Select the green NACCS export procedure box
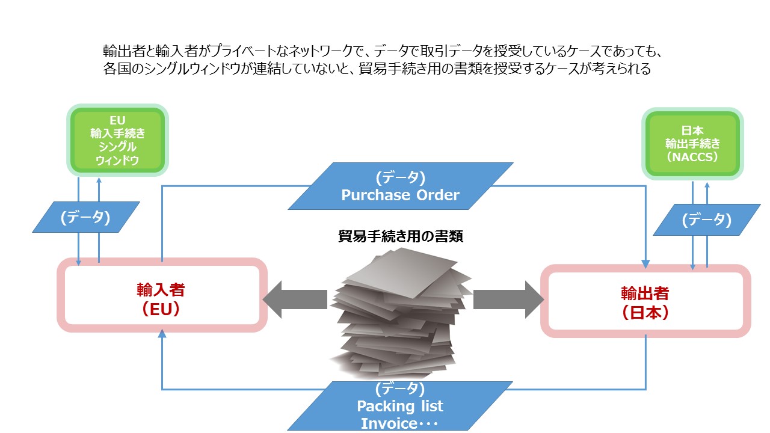692,144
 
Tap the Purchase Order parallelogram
400,186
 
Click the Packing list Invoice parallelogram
400,406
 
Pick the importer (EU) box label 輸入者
161,289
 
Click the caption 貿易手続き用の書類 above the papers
400,236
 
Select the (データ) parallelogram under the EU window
85,217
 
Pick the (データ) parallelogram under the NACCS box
706,220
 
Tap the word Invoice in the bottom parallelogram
389,423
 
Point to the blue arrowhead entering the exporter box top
645,263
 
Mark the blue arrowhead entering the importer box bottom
161,336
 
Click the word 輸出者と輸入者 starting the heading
144,50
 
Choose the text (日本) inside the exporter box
645,313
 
